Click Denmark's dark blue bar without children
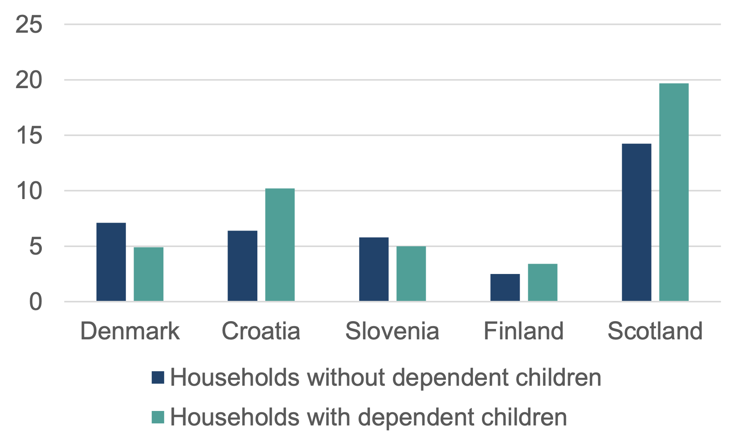click(111, 262)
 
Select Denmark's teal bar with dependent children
click(149, 274)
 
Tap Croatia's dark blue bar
click(242, 266)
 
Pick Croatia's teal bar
click(280, 245)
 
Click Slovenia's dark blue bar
click(374, 269)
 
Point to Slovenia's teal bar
click(411, 274)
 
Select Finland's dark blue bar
click(505, 287)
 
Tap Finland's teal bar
click(542, 282)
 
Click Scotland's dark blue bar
click(636, 222)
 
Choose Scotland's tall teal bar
click(673, 192)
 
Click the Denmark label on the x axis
click(130, 331)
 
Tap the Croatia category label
click(261, 331)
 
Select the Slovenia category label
click(392, 331)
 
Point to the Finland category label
click(523, 331)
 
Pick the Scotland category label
click(655, 331)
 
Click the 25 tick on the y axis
click(29, 24)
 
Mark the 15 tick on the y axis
click(29, 135)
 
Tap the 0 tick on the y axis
click(36, 302)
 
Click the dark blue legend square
click(158, 377)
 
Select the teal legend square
click(158, 417)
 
